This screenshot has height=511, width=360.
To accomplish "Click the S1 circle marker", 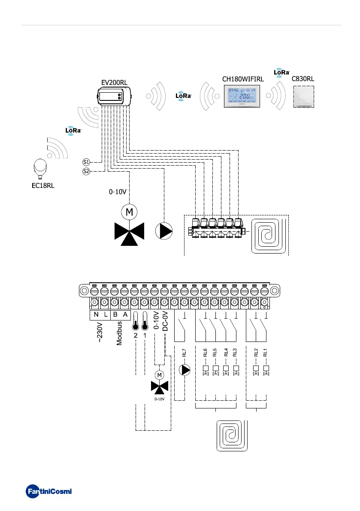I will (86, 162).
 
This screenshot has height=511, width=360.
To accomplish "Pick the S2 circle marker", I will (86, 172).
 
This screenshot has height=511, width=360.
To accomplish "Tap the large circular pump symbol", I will (163, 231).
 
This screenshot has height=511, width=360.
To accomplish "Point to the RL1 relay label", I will (266, 353).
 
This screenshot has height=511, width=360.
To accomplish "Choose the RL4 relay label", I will (226, 353).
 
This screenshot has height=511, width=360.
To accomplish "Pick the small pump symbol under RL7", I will (184, 369).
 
